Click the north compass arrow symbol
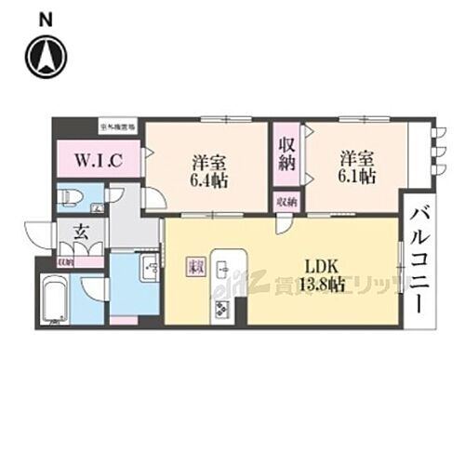45,57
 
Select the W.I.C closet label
96,159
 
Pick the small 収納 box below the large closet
285,201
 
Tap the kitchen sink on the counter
223,270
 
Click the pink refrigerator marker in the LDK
196,267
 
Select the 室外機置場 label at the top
118,123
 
